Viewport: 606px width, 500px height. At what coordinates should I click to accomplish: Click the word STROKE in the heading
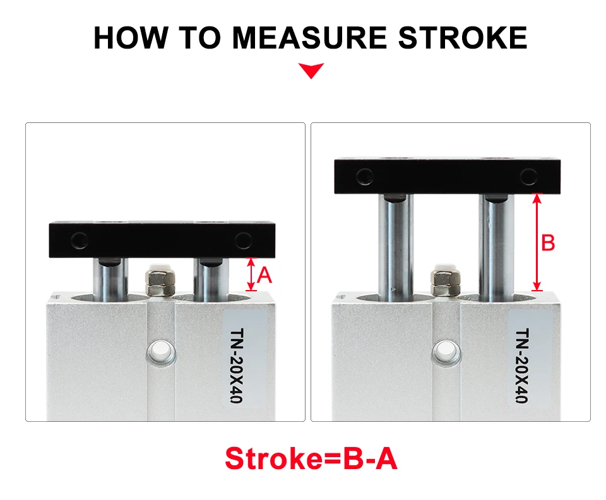[x=463, y=38]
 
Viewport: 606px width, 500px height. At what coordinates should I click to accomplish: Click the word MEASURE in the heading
[x=309, y=38]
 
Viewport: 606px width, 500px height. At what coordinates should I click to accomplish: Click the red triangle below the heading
[x=311, y=71]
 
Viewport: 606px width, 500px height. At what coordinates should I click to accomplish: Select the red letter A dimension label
[x=264, y=276]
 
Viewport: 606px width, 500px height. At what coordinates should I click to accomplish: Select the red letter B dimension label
[x=548, y=243]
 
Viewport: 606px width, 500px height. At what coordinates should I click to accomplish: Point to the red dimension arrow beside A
[x=251, y=274]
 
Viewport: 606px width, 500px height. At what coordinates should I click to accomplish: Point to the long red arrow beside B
[x=537, y=242]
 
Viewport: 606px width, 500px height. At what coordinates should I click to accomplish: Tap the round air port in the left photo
[x=160, y=351]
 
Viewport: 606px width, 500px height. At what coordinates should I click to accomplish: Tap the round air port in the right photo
[x=447, y=352]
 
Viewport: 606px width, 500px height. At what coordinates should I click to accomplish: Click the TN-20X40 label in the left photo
[x=237, y=366]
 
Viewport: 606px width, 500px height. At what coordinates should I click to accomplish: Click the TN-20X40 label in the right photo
[x=523, y=366]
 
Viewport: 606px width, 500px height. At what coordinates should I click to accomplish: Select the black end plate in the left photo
[x=162, y=240]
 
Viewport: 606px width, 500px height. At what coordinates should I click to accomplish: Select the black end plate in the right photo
[x=447, y=176]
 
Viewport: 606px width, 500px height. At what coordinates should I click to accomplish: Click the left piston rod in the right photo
[x=396, y=247]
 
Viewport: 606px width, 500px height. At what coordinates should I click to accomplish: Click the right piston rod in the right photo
[x=496, y=247]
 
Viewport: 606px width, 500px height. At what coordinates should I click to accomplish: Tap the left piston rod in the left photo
[x=110, y=279]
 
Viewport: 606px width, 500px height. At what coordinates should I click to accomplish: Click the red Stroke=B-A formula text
[x=311, y=458]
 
